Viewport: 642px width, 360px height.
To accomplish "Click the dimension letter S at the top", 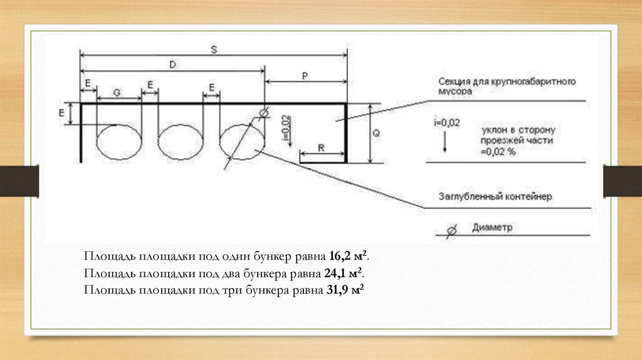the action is click(x=213, y=50).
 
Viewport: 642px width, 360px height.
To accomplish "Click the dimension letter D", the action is click(x=172, y=65).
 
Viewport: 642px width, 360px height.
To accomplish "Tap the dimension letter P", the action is click(x=305, y=75).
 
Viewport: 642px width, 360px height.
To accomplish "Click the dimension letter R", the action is click(x=321, y=148).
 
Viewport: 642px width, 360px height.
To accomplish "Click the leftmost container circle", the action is click(x=118, y=142).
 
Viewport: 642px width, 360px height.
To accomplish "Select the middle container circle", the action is click(x=179, y=142).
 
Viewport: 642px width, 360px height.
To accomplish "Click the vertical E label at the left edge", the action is click(x=61, y=114).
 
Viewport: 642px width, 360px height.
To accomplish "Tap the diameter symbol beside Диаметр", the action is click(x=451, y=230).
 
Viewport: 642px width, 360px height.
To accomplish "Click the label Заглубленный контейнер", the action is click(x=495, y=197).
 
